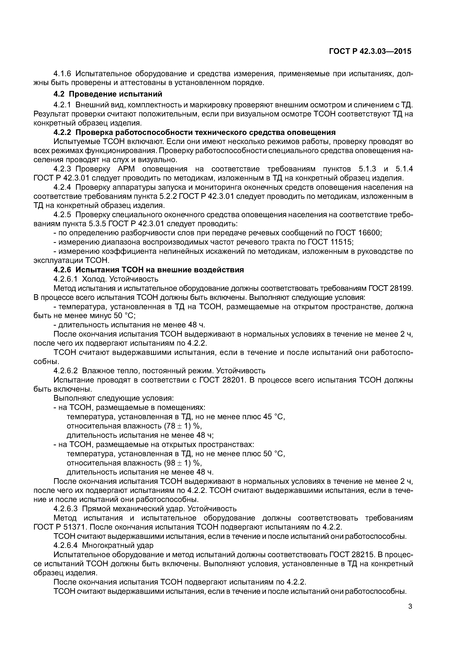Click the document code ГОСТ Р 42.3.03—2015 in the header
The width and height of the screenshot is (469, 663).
pos(370,51)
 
